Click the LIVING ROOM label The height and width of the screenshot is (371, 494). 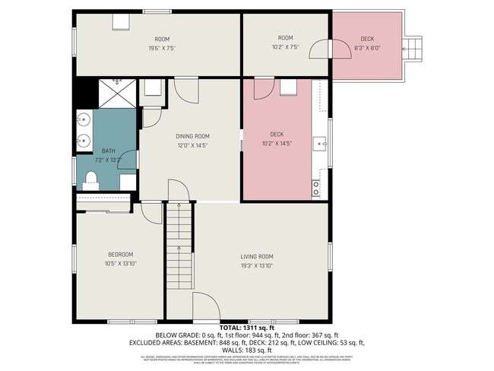pyautogui.click(x=257, y=256)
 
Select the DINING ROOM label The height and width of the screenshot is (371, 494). pyautogui.click(x=192, y=136)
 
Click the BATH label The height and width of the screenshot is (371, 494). pyautogui.click(x=109, y=151)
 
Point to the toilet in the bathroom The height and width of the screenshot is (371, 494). pyautogui.click(x=90, y=179)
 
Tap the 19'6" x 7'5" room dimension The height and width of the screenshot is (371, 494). pyautogui.click(x=162, y=48)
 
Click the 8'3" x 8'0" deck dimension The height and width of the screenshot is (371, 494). pyautogui.click(x=367, y=48)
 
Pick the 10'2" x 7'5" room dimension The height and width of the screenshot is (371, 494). pyautogui.click(x=285, y=47)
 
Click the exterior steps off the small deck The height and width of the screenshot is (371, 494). pyautogui.click(x=413, y=48)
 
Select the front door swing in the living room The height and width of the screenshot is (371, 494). pyautogui.click(x=205, y=307)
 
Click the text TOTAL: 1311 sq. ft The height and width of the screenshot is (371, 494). pyautogui.click(x=247, y=327)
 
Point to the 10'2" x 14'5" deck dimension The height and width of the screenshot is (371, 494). pyautogui.click(x=277, y=144)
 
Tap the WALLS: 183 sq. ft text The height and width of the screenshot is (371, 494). pyautogui.click(x=247, y=350)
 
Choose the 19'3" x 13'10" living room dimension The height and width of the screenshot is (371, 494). pyautogui.click(x=257, y=265)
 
